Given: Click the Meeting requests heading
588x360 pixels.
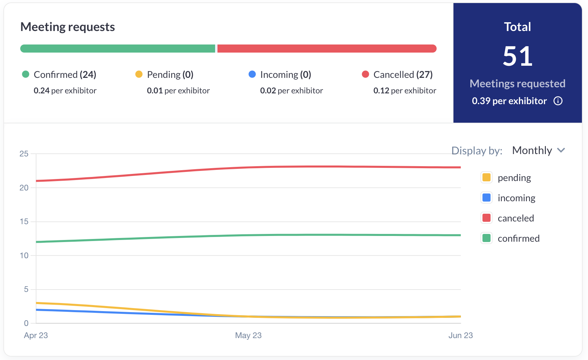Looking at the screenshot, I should tap(67, 27).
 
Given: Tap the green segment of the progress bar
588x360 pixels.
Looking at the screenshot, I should tap(118, 49).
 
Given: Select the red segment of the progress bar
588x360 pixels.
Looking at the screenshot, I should tap(327, 49).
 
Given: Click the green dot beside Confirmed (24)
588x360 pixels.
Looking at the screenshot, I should tap(26, 74).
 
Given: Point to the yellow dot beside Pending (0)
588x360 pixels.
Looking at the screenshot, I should tap(139, 74).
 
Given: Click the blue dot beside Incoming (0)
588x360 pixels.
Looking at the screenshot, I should tap(252, 74).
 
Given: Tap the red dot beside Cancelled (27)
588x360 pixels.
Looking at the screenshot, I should tap(365, 74).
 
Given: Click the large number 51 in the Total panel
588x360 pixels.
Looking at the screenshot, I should tap(518, 56).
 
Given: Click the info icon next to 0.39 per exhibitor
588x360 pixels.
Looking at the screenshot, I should tap(558, 101).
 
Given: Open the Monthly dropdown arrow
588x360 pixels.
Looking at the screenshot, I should tap(561, 150).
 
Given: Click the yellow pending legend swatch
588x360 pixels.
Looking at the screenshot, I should tap(487, 177).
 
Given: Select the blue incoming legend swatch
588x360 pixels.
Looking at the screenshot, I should tap(487, 198).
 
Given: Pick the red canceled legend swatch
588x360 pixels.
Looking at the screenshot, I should tap(487, 218).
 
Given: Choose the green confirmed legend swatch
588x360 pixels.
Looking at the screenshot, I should tap(487, 238).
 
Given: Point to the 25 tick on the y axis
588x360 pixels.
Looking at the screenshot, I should tap(24, 154).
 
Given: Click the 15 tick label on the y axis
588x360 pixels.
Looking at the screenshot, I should tap(24, 221).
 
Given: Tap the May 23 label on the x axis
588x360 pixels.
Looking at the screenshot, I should tap(248, 335).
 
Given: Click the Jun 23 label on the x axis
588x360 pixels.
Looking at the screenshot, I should tap(461, 335).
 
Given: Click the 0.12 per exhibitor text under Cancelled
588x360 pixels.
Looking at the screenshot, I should tap(405, 91).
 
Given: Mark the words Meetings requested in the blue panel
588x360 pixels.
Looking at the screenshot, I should tap(518, 84).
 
